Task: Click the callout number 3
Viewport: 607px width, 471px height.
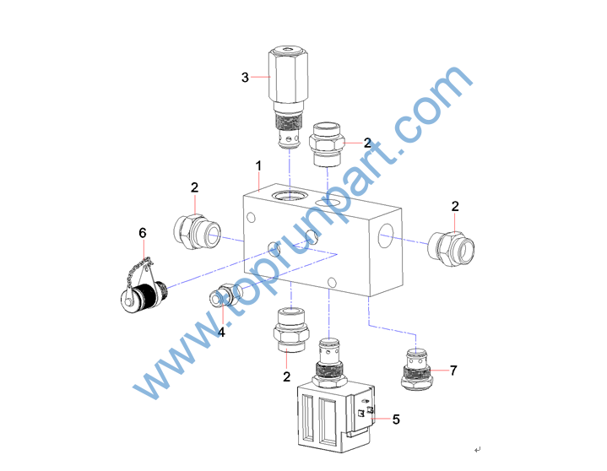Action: pos(245,78)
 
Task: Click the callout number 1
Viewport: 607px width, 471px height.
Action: pos(258,165)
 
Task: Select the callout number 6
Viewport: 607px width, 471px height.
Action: pos(143,233)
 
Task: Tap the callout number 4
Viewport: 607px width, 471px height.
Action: pos(221,332)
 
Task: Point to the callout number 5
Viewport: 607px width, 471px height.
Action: pos(396,420)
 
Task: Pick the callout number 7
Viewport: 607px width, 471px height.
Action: pos(453,371)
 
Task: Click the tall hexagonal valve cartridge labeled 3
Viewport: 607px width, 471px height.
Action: pos(288,98)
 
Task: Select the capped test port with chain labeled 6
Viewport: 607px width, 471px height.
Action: pos(144,286)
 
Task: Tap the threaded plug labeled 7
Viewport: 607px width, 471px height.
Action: pos(416,369)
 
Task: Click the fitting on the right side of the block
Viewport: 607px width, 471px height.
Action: pos(451,248)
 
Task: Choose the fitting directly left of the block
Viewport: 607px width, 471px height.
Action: pos(197,232)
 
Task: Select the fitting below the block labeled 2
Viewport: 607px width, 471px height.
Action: pos(291,330)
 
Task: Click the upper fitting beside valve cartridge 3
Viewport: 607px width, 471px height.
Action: pos(327,144)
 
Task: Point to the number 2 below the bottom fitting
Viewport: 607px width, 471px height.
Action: pos(286,376)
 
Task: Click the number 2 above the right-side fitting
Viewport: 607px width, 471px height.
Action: pos(455,206)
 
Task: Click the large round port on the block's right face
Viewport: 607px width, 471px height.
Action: pos(386,235)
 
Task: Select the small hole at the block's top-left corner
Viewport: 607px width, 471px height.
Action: pos(251,217)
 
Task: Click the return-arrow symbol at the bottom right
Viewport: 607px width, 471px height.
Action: pos(477,450)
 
